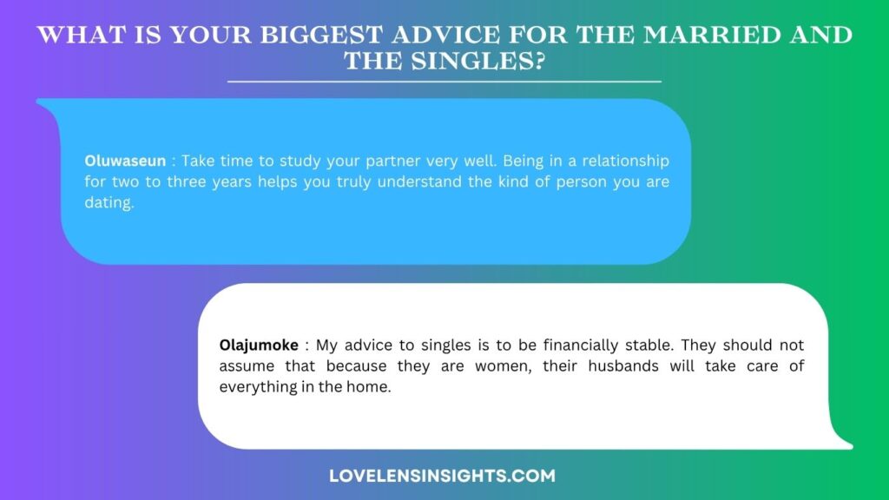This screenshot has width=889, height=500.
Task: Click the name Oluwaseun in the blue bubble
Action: [125, 161]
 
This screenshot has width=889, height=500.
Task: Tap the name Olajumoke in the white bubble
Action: [259, 345]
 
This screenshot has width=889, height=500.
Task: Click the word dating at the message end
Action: [109, 203]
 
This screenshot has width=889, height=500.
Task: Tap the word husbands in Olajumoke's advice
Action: [623, 366]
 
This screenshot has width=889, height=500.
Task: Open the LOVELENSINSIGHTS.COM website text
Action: [442, 476]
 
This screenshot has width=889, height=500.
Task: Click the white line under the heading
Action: [444, 82]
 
